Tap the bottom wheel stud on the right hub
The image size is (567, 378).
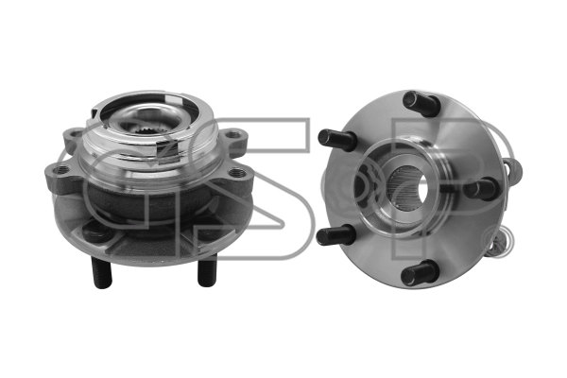(x=418, y=271)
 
